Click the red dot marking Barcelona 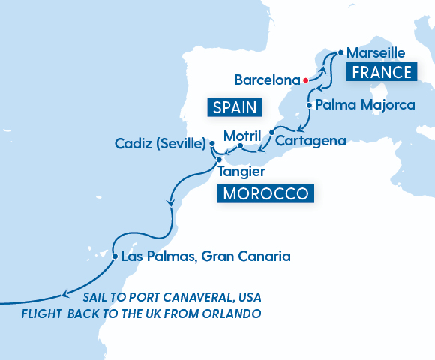click(x=306, y=79)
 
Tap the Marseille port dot click(x=340, y=53)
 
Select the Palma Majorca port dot click(x=310, y=105)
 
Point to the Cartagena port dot click(x=271, y=139)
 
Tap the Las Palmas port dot click(x=114, y=256)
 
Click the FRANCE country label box click(x=380, y=72)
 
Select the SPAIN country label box click(x=234, y=107)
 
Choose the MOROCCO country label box click(x=265, y=193)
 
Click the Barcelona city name click(x=267, y=79)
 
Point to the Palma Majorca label click(x=365, y=105)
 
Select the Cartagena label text click(x=310, y=140)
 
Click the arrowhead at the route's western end click(x=66, y=294)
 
